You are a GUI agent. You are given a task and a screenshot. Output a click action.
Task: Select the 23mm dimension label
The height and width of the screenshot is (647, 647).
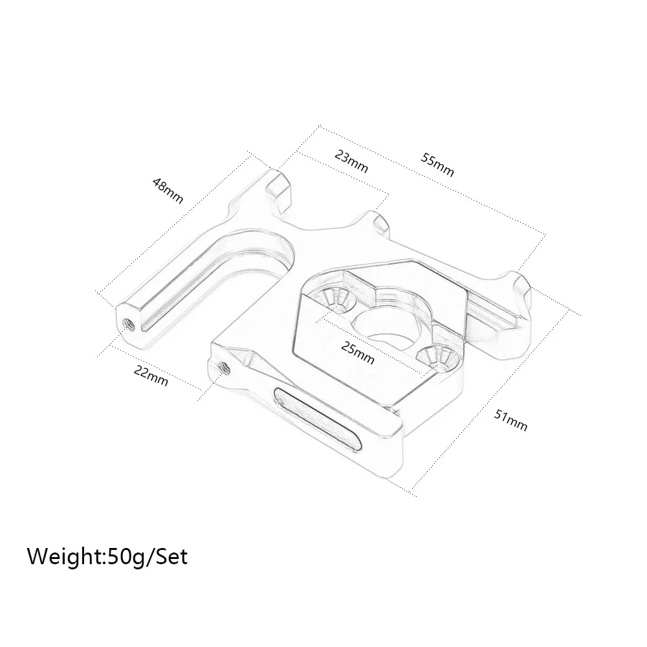[351, 161]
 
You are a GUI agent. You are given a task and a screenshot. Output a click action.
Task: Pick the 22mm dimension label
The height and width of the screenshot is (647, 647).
[150, 375]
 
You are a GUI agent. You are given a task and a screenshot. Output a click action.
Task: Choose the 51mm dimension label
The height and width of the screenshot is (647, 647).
[511, 419]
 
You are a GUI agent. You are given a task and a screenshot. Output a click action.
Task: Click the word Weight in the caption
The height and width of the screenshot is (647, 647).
[64, 556]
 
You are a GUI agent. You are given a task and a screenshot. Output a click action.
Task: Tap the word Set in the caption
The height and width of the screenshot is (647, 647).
[171, 556]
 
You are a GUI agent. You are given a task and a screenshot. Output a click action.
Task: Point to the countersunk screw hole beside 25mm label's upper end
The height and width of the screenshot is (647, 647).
[336, 297]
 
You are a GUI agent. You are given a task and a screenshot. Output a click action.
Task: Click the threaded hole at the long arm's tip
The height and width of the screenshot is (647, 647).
[126, 321]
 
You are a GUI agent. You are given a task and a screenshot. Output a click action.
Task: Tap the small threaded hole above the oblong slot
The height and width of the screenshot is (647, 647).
[225, 367]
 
